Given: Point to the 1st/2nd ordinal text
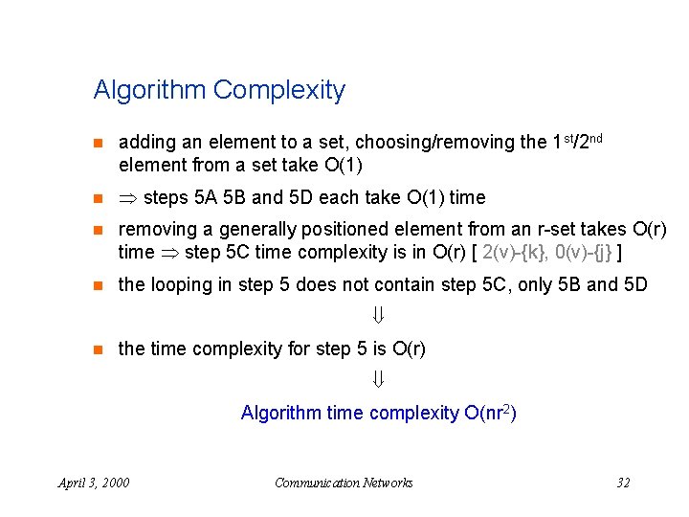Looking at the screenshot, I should click(x=577, y=141).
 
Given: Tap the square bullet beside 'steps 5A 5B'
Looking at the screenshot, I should click(x=96, y=199).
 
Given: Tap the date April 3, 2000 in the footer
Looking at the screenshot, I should click(x=94, y=483).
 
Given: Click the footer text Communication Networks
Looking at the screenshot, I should click(x=344, y=483).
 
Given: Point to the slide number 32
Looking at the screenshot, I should click(x=623, y=483).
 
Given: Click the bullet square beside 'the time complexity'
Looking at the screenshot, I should click(x=96, y=349).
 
